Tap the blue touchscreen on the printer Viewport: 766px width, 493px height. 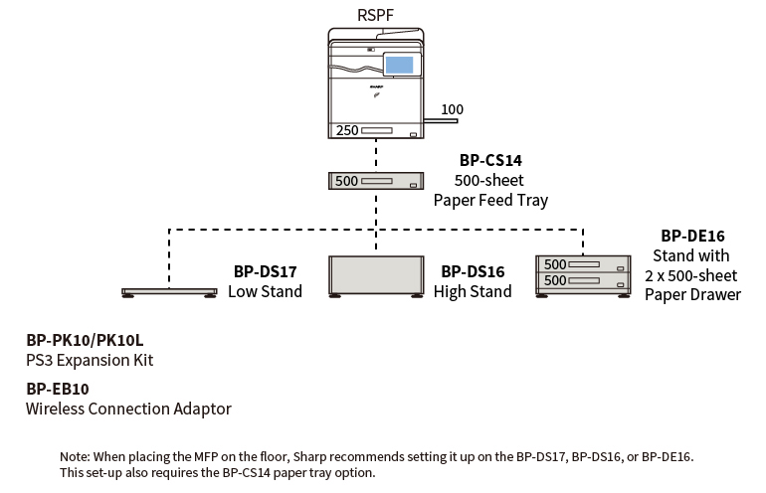[398, 66]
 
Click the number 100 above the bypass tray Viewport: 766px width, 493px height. [452, 109]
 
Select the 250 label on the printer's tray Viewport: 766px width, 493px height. [347, 130]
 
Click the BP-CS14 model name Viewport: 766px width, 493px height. [490, 159]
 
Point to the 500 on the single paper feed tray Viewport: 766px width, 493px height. [346, 181]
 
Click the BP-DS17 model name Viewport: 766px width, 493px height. [265, 271]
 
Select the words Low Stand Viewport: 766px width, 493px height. [265, 291]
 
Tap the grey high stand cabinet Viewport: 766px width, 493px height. [376, 273]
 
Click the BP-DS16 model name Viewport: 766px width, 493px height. [473, 271]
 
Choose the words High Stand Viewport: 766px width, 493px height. [473, 291]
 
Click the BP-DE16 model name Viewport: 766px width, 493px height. [692, 236]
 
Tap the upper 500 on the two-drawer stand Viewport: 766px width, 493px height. [555, 264]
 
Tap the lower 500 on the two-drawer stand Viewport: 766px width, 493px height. [555, 280]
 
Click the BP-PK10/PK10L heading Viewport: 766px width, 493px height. [85, 340]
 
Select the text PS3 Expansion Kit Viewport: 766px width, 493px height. [90, 360]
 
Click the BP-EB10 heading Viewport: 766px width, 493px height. [58, 389]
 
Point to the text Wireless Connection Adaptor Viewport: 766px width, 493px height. [128, 409]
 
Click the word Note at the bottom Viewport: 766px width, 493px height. [76, 456]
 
